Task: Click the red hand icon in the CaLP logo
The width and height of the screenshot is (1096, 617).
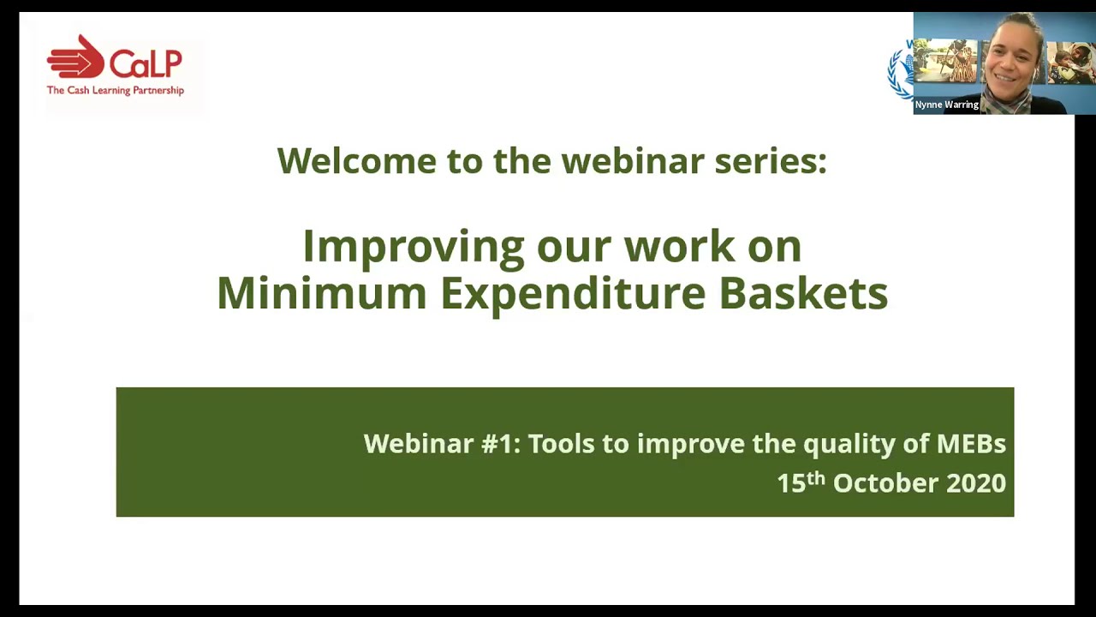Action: tap(75, 58)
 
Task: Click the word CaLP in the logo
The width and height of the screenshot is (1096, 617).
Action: tap(145, 63)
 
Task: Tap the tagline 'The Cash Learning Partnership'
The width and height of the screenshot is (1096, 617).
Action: tap(115, 90)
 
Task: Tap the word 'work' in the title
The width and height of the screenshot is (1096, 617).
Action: tap(679, 247)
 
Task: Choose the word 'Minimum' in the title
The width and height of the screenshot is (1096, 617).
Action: tap(321, 293)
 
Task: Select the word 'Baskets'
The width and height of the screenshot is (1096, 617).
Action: tap(802, 293)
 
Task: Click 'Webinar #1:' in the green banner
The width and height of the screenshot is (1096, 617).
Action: tap(441, 444)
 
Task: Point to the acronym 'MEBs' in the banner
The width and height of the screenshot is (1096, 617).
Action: tap(970, 444)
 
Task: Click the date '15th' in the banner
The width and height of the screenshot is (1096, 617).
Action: tap(800, 482)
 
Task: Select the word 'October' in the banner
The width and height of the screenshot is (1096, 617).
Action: tap(885, 483)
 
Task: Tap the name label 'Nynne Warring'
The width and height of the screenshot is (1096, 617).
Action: tap(946, 105)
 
